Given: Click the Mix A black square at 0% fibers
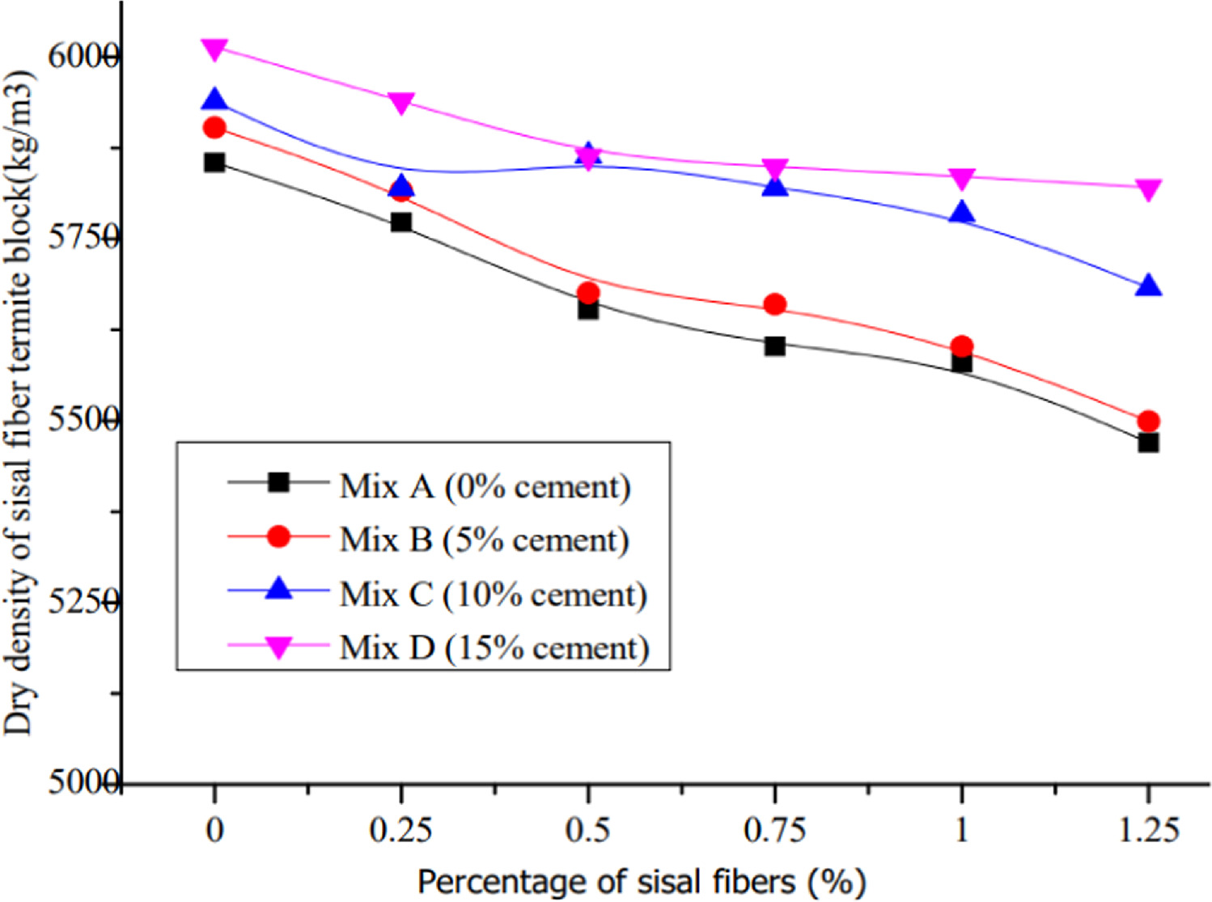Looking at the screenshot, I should pos(214,163).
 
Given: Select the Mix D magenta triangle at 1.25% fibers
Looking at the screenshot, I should pos(1148,189).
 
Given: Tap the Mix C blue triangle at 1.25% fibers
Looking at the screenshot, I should pos(1148,286).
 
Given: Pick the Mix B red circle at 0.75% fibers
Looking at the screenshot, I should pos(774,305).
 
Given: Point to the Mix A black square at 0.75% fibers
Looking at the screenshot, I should pos(774,346).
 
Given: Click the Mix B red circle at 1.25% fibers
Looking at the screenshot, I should pos(1148,421).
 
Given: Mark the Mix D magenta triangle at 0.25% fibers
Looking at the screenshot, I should pos(401,103).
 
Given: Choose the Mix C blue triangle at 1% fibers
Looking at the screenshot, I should pos(961,213).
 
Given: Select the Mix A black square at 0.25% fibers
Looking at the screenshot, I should pos(401,222).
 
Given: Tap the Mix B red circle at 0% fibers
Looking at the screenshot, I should pos(214,128).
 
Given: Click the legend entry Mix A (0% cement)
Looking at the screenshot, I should pos(484,486).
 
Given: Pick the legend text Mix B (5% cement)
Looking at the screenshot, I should pos(484,540).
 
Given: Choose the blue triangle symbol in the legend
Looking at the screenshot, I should pos(279,588).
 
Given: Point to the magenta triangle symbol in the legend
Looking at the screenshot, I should pos(279,648).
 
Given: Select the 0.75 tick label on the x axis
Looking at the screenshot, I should pos(774,830).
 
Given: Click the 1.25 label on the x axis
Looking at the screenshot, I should pos(1148,830).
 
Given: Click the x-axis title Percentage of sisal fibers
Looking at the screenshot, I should pos(641,882).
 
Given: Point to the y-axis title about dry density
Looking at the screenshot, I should pos(19,403).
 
